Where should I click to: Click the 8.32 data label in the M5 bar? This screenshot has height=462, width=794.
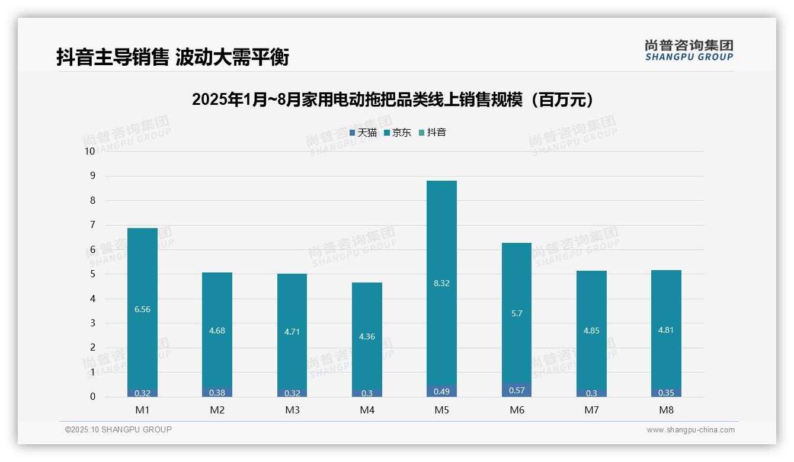441,283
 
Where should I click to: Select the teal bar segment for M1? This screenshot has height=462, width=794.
142,267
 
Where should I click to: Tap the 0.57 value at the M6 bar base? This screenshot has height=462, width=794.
517,390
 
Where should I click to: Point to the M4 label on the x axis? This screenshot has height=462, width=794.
367,410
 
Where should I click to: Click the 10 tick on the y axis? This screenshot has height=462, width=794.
89,151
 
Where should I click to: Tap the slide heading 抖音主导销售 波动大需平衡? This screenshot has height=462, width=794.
172,57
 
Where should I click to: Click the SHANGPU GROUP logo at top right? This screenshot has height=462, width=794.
689,50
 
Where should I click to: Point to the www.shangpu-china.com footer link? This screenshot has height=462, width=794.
690,430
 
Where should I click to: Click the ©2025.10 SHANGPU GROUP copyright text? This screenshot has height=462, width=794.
119,430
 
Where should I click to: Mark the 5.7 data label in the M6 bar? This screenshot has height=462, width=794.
517,313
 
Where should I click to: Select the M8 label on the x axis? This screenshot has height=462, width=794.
666,410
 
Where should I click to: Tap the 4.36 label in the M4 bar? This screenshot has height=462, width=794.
367,336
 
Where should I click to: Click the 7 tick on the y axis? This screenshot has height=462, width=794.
92,225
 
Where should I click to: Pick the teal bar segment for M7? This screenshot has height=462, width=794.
591,296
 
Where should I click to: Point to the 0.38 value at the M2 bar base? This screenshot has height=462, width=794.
217,392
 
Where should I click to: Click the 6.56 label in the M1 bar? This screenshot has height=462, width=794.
142,309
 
